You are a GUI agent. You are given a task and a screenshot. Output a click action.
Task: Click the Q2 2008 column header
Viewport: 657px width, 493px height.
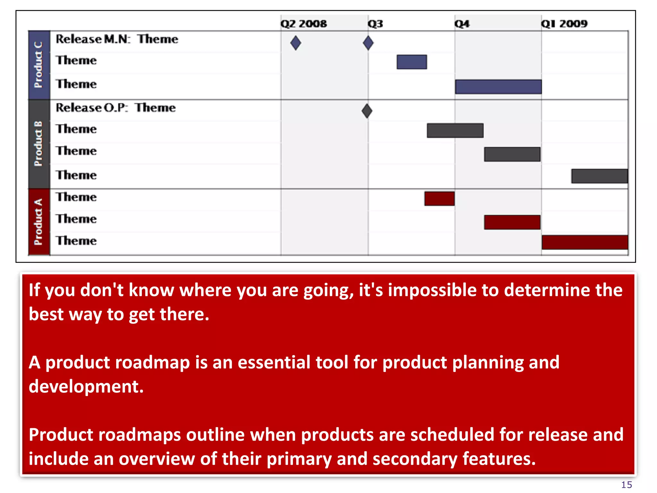[x=303, y=23]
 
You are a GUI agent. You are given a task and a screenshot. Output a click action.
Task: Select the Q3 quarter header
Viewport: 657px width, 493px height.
[x=375, y=23]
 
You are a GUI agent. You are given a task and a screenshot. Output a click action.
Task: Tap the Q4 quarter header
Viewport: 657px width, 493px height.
[x=462, y=23]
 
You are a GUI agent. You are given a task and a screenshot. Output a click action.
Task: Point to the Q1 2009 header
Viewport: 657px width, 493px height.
[x=564, y=23]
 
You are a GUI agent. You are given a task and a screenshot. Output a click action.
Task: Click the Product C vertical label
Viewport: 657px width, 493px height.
[x=38, y=65]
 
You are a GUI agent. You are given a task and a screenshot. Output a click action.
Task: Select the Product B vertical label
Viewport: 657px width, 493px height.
[x=38, y=143]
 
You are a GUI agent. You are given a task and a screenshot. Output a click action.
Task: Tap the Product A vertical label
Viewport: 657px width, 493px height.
[x=38, y=222]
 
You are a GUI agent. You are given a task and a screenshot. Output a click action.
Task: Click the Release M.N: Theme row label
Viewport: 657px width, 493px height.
[x=117, y=39]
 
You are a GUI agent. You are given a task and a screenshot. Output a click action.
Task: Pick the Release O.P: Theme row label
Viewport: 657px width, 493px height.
[x=115, y=108]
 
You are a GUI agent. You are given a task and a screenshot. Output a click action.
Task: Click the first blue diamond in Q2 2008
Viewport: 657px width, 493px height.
[x=295, y=43]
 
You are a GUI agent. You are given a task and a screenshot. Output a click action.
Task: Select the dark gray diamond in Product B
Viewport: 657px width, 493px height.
[x=367, y=111]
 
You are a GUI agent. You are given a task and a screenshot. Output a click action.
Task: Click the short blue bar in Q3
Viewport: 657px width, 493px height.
[x=412, y=62]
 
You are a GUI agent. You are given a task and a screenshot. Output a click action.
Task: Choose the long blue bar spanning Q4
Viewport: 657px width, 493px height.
[x=498, y=87]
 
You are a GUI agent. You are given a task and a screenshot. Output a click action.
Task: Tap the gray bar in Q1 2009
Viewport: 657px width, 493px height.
[x=599, y=176]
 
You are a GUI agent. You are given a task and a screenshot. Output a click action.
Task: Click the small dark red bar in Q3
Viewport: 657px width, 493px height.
[x=439, y=198]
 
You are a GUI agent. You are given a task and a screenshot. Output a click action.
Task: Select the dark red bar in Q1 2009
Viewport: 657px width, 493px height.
[x=584, y=242]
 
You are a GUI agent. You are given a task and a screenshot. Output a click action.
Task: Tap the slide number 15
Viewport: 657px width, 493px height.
[x=626, y=485]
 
